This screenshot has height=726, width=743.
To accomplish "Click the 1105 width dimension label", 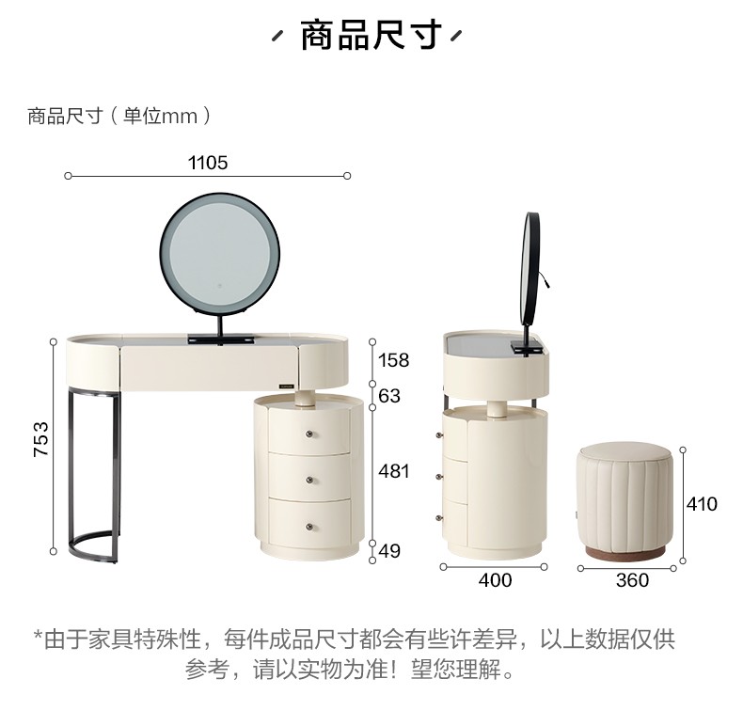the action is (x=208, y=163).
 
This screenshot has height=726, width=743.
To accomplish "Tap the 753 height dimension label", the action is (x=41, y=439).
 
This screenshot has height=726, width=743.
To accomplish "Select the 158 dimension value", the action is (x=393, y=360).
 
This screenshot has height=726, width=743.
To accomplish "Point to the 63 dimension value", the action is (x=389, y=396).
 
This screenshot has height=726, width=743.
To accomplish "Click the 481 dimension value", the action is (x=393, y=471).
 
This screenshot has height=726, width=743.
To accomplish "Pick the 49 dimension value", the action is (x=389, y=551).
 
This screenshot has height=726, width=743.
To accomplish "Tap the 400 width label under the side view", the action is (x=495, y=580).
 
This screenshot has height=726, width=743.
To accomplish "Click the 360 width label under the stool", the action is (x=632, y=580).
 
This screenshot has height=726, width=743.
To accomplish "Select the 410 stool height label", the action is (x=702, y=504).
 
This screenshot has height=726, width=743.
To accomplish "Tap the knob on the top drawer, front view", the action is (x=309, y=434).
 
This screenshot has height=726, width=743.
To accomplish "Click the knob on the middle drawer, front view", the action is (x=309, y=481).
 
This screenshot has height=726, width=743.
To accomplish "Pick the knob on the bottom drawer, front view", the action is (x=309, y=527).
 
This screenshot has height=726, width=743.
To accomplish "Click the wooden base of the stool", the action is (x=625, y=553).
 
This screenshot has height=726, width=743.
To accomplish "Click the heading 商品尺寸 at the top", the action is (x=371, y=35).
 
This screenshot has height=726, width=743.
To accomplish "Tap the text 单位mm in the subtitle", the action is (x=160, y=116).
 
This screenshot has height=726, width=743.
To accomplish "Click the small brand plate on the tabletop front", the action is (x=286, y=386).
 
